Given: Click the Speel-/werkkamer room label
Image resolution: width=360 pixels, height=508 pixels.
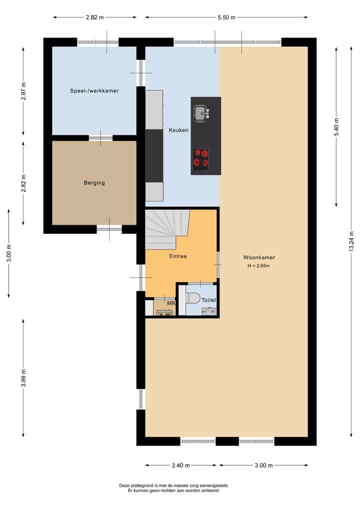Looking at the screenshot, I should click(x=94, y=91).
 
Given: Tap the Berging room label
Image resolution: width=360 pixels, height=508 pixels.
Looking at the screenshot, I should click(x=94, y=183).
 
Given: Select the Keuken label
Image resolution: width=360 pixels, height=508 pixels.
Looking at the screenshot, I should click(x=178, y=130).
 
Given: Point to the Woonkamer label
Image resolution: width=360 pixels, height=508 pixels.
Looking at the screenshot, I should click(x=259, y=257).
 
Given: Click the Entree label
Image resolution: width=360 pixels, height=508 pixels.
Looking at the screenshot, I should click(x=177, y=256).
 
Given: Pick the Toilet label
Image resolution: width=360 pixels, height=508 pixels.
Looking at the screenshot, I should click(x=208, y=300).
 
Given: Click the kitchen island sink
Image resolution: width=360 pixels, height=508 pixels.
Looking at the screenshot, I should click(x=201, y=113).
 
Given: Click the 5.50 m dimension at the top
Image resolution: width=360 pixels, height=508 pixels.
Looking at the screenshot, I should click(x=227, y=17).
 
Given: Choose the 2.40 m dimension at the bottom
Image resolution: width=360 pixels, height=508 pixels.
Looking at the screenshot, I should click(x=180, y=466).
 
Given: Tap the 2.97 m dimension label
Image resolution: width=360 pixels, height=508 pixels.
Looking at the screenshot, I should click(x=24, y=91).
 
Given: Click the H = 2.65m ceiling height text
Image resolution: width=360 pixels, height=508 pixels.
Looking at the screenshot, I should click(x=258, y=266).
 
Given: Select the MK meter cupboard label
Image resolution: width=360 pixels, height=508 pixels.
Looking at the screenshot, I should click(x=171, y=303).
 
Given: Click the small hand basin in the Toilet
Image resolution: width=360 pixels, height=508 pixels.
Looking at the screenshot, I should click(x=210, y=311).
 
